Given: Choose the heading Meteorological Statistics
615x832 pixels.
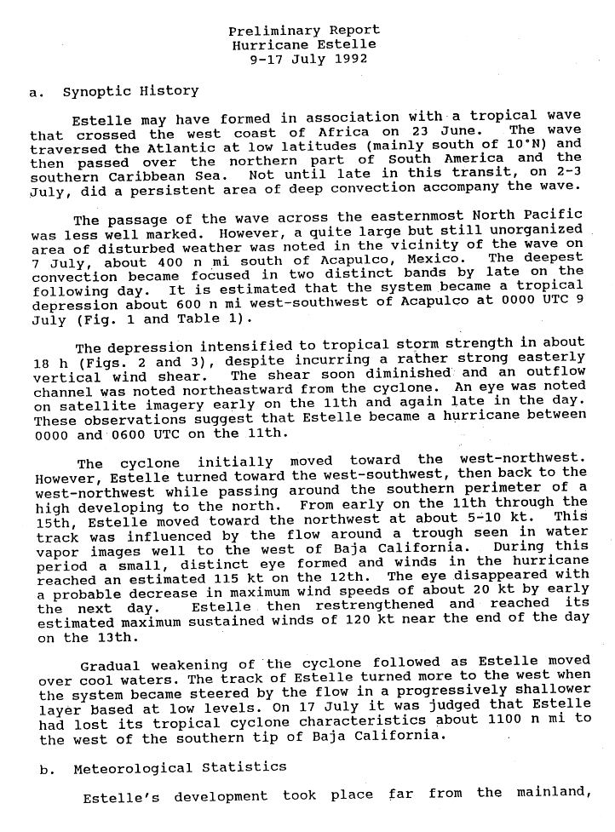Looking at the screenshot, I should point(179,766).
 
